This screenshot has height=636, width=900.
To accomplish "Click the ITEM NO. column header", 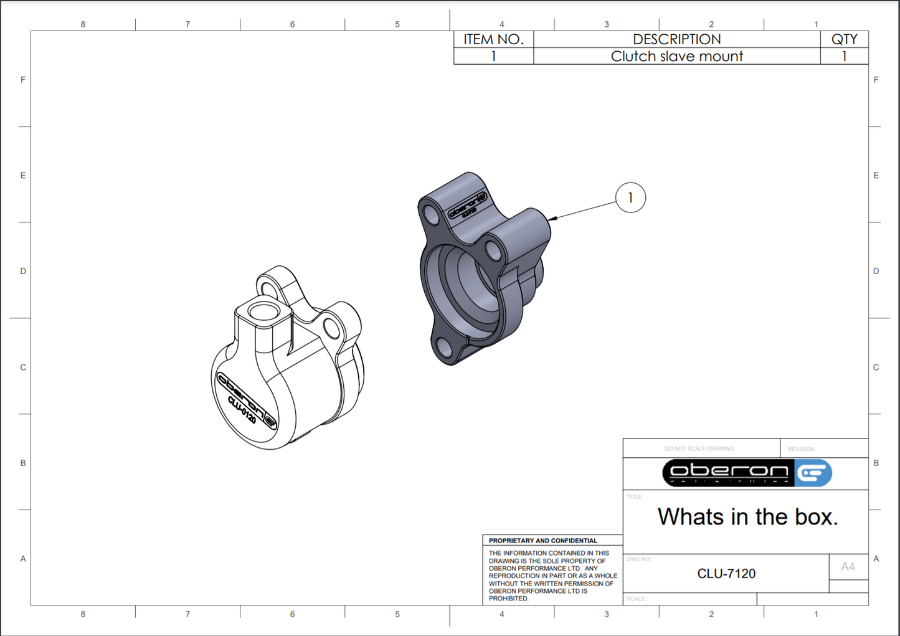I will click(x=493, y=39).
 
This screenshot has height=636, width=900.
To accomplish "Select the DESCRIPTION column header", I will click(x=676, y=39).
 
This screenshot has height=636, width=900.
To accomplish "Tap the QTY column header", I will click(x=844, y=39).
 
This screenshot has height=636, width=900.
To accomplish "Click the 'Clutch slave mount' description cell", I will click(x=676, y=56).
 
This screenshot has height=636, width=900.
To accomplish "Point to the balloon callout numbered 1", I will click(x=630, y=197).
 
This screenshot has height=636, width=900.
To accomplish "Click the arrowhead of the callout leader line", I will click(x=552, y=218).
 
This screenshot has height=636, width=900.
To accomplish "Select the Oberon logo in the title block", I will click(x=746, y=473).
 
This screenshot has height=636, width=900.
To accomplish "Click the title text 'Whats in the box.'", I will click(x=747, y=517).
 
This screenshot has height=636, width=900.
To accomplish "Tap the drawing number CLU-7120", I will click(x=726, y=574).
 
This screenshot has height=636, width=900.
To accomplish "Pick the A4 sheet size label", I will click(x=848, y=567).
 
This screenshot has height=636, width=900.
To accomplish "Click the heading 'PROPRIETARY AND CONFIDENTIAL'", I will click(x=542, y=541).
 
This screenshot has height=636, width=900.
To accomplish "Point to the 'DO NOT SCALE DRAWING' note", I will click(x=699, y=449).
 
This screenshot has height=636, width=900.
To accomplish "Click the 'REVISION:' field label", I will click(x=801, y=449).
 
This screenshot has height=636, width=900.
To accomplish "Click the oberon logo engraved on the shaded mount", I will click(x=467, y=206).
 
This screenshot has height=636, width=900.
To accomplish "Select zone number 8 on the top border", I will click(x=83, y=24).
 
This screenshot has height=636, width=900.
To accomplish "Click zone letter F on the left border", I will click(x=23, y=80).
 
